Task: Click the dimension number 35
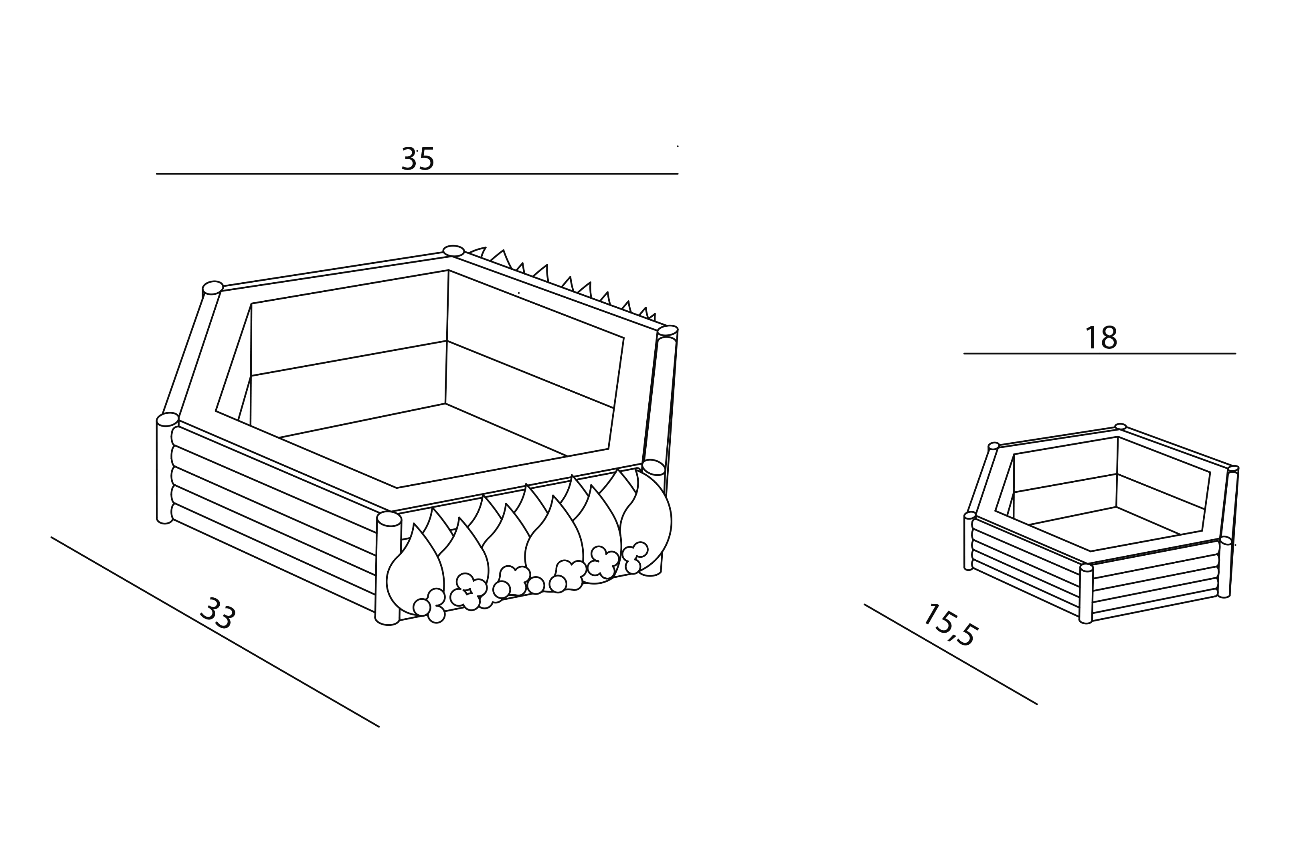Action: pyautogui.click(x=418, y=159)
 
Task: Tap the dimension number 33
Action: pyautogui.click(x=218, y=613)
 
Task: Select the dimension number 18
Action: pyautogui.click(x=1101, y=338)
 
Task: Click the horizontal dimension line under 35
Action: pyautogui.click(x=417, y=174)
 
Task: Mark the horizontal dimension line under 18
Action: pyautogui.click(x=1100, y=354)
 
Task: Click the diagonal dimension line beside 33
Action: pyautogui.click(x=215, y=632)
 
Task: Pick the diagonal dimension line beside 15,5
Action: pyautogui.click(x=950, y=654)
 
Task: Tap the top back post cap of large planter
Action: pyautogui.click(x=453, y=251)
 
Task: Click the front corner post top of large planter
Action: pyautogui.click(x=389, y=519)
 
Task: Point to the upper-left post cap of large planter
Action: pyautogui.click(x=212, y=288)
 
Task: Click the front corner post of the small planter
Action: pyautogui.click(x=1086, y=594)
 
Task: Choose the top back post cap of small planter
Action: pyautogui.click(x=1120, y=426)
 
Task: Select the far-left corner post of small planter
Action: pyautogui.click(x=969, y=541)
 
